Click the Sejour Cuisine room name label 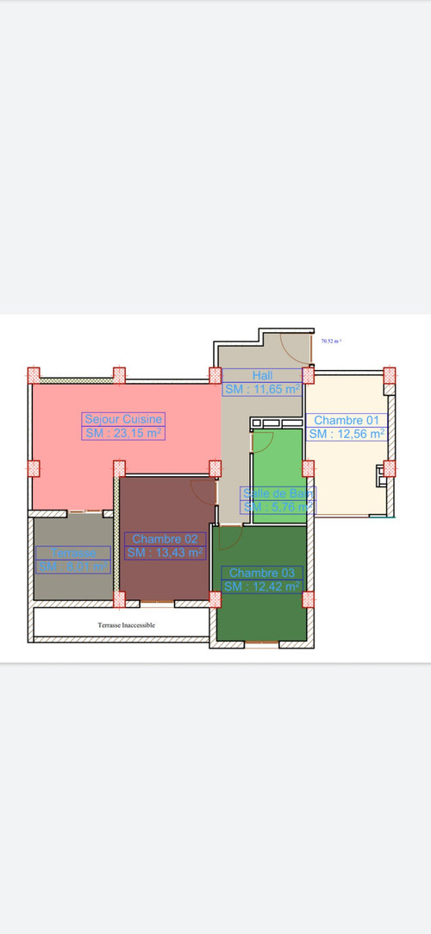(123, 419)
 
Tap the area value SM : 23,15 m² (123, 433)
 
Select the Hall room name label (262, 375)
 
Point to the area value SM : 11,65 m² (262, 389)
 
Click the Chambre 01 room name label (347, 420)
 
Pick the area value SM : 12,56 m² (347, 434)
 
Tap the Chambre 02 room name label (166, 539)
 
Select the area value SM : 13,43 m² (166, 553)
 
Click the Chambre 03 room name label (262, 573)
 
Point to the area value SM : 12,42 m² (262, 586)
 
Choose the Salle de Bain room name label (278, 493)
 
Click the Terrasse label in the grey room (73, 553)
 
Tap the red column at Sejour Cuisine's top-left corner (34, 375)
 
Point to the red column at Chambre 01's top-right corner (390, 375)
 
